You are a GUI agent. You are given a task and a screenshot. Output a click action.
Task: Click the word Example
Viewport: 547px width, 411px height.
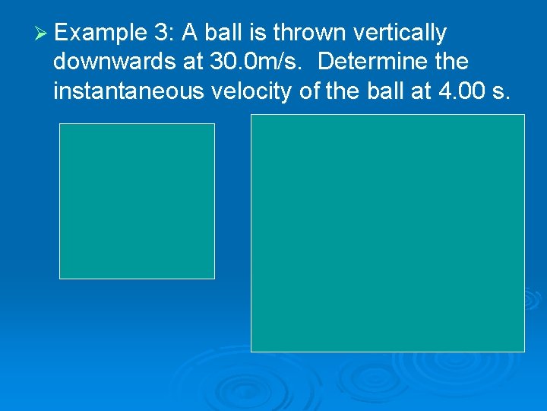[100, 33]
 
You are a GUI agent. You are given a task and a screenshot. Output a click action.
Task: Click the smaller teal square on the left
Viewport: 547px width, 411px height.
[137, 201]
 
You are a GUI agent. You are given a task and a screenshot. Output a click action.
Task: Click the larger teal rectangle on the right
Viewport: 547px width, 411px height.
[387, 233]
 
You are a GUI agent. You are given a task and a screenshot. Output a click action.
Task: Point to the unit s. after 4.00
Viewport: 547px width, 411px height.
[501, 91]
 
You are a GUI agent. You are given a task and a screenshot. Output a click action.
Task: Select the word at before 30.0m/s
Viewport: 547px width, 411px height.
[192, 62]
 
